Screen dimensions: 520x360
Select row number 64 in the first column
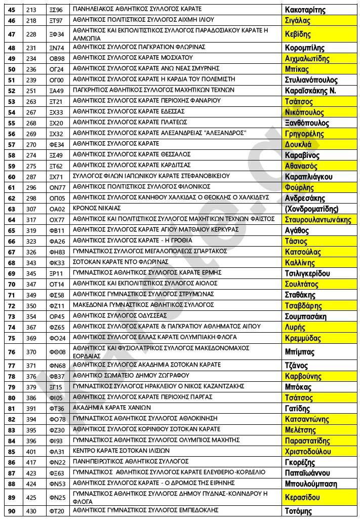(x=12, y=219)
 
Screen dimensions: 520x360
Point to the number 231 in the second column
(x=31, y=48)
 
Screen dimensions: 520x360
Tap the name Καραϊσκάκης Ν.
(x=310, y=91)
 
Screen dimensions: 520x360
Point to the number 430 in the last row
(x=31, y=511)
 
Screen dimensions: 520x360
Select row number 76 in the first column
(x=12, y=352)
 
